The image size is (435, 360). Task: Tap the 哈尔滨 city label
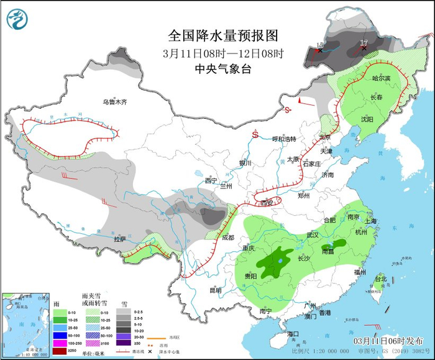tap(381, 78)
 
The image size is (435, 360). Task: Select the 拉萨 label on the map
tap(120, 239)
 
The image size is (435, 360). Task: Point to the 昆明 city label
tap(215, 290)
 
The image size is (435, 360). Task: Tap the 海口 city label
tap(293, 334)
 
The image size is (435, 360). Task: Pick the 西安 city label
tap(267, 203)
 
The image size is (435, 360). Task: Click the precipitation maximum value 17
tap(364, 42)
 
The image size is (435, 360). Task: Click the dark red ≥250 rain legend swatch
tap(62, 351)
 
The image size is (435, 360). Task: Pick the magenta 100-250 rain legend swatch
tap(62, 343)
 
